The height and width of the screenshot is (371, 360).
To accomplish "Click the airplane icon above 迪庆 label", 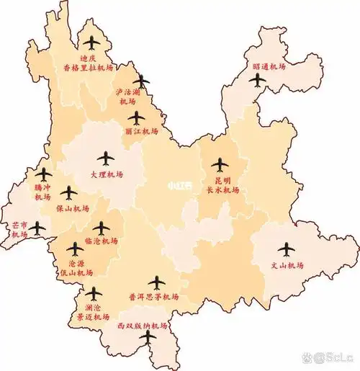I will click(x=92, y=44).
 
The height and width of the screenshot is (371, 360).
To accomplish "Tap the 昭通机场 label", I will click(x=269, y=66).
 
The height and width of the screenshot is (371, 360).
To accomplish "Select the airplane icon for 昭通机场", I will click(x=258, y=79).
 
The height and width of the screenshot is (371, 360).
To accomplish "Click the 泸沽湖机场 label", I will click(x=130, y=97).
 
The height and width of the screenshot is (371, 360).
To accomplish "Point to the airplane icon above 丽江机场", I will click(x=137, y=118).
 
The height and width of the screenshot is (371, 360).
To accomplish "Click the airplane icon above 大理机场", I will click(x=107, y=158).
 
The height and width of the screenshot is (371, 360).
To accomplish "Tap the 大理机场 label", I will click(x=107, y=174).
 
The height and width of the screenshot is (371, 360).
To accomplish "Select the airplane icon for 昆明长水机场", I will click(x=220, y=165).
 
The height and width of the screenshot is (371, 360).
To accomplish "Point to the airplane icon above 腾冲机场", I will click(x=44, y=174).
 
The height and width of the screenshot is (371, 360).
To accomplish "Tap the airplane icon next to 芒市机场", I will click(x=37, y=229).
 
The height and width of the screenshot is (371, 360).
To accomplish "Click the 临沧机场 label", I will click(x=101, y=241).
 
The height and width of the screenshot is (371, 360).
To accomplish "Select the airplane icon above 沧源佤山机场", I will click(x=75, y=249).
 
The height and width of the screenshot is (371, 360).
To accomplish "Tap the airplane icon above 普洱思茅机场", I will click(x=156, y=282).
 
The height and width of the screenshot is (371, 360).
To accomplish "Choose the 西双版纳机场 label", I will click(x=142, y=326).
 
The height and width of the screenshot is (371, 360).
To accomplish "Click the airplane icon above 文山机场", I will click(x=287, y=249).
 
